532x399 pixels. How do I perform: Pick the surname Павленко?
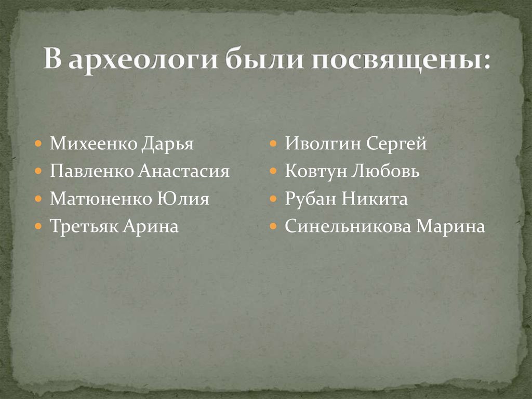pos(92,171)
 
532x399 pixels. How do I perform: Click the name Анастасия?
pos(184,171)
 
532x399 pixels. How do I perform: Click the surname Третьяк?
pos(85,227)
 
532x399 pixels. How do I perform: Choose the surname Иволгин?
pos(322,144)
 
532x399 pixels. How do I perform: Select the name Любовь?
pos(384,171)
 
